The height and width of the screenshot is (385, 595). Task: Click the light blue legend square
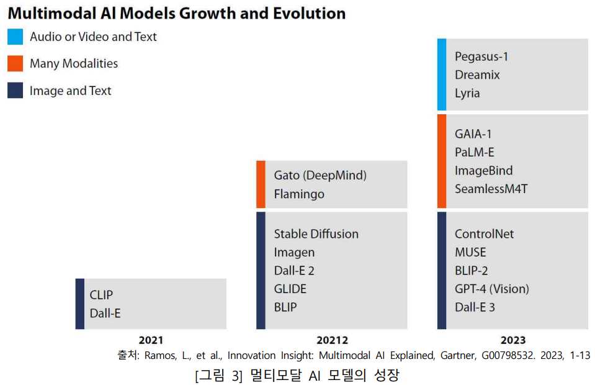click(x=16, y=37)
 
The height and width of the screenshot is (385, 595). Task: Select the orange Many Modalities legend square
click(x=16, y=63)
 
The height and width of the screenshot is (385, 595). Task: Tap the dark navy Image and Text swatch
click(x=16, y=91)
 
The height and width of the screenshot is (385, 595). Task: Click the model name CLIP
click(x=102, y=295)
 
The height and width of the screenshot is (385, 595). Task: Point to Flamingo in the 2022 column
click(x=299, y=194)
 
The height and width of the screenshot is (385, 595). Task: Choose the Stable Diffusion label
click(x=316, y=234)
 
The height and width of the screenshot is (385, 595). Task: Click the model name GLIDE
click(x=290, y=289)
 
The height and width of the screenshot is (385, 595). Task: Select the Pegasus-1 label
click(x=481, y=57)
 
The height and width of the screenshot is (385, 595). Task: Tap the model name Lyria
click(x=467, y=93)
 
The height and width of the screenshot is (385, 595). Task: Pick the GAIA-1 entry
click(x=473, y=134)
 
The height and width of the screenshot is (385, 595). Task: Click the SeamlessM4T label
click(x=491, y=189)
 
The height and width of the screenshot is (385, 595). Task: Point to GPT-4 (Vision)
click(x=492, y=289)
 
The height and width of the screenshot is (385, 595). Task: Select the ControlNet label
click(x=485, y=234)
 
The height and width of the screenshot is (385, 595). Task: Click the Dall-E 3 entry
click(x=475, y=307)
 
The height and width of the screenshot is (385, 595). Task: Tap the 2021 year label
click(x=151, y=340)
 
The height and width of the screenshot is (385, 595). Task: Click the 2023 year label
click(x=512, y=340)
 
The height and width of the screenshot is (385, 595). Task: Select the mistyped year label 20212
click(x=332, y=340)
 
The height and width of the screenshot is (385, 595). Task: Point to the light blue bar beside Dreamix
click(x=442, y=75)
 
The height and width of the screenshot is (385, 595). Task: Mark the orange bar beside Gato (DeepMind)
click(x=261, y=184)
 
